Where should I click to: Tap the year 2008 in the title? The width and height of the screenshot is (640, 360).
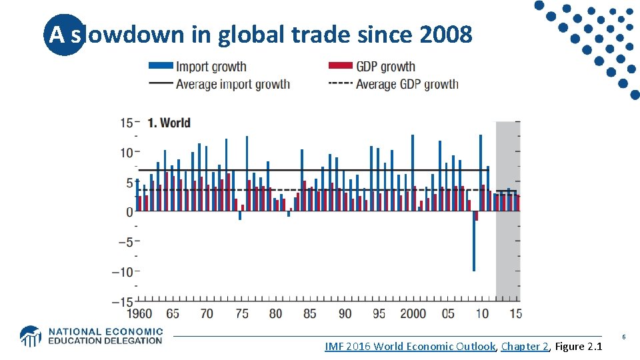[447, 35]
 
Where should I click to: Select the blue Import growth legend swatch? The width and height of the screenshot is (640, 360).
[160, 66]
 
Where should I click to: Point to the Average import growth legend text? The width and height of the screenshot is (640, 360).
[233, 84]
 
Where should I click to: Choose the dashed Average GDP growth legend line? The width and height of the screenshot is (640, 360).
[339, 84]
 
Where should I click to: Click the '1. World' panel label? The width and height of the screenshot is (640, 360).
[168, 123]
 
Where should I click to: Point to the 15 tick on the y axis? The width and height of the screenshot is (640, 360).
[126, 123]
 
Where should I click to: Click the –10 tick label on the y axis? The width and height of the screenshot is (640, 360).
[122, 271]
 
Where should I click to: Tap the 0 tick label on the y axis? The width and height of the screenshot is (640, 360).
[129, 212]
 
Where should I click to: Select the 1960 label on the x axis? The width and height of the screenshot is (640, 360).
[139, 313]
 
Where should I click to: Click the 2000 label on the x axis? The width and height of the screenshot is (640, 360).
[413, 313]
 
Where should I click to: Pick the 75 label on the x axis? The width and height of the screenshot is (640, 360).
[241, 313]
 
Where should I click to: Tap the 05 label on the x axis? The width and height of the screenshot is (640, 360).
[448, 313]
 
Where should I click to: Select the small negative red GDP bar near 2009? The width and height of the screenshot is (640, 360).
[477, 216]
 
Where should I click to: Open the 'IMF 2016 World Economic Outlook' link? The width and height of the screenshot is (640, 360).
[410, 346]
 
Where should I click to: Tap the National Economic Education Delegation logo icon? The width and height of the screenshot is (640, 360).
[30, 336]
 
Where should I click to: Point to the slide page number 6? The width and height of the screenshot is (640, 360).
[624, 337]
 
